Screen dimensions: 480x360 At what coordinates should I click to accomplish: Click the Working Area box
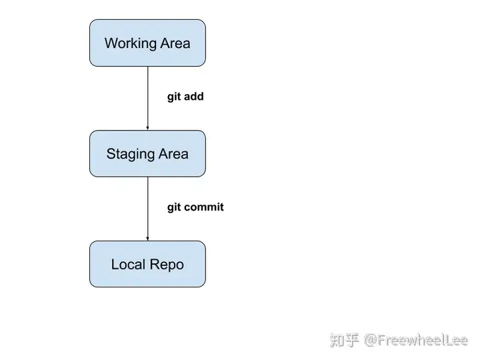(x=147, y=43)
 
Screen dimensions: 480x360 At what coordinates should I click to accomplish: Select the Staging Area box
(x=147, y=154)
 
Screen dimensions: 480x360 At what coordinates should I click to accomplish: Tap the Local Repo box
(x=147, y=264)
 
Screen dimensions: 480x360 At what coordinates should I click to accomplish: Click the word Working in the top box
(x=131, y=43)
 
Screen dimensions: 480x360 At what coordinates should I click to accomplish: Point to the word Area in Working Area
(x=175, y=43)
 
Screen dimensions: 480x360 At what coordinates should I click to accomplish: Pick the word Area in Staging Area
(x=173, y=154)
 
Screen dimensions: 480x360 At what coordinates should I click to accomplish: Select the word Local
(x=128, y=264)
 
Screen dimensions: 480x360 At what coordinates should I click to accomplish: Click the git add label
(x=185, y=97)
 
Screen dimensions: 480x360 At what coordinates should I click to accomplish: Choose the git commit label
(x=195, y=207)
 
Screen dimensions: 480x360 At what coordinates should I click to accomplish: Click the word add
(x=194, y=96)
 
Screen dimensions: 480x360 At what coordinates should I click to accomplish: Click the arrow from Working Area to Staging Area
(x=147, y=98)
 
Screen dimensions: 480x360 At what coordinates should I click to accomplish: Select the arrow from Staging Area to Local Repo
(x=147, y=209)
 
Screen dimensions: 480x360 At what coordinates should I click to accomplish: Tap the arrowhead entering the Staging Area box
(x=147, y=128)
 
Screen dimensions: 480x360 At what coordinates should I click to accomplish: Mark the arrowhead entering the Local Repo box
(x=147, y=239)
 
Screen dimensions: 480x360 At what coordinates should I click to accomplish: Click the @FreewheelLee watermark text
(x=416, y=340)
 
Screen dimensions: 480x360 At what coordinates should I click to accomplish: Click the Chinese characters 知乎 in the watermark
(x=344, y=340)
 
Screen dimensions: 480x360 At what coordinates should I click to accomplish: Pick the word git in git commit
(x=174, y=207)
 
